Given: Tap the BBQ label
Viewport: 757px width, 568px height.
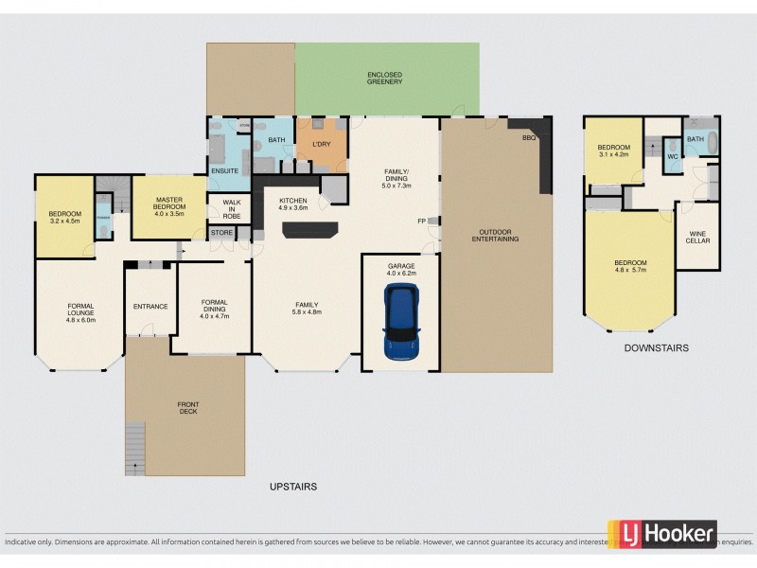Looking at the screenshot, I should (528, 138).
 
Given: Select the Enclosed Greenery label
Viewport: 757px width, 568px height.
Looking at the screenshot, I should (385, 79).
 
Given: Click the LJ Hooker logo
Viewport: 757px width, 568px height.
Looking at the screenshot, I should (661, 534).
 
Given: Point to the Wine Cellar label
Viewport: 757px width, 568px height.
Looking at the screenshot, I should (698, 237).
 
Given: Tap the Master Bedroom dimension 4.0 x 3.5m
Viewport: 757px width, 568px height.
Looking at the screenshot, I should (168, 214).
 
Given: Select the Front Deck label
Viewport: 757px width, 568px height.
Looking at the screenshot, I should (188, 409).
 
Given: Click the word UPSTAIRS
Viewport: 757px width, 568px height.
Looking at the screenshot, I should (291, 487).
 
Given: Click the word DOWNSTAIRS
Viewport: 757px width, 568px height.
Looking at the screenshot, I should (656, 348).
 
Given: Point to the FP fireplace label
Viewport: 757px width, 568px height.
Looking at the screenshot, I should (421, 222).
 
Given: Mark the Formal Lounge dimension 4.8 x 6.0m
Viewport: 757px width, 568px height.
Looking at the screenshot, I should (80, 320).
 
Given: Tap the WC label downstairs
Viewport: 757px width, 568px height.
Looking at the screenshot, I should (672, 156).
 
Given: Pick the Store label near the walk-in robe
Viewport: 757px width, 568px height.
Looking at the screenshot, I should (221, 232).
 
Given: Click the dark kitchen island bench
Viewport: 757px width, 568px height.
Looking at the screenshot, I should (309, 230).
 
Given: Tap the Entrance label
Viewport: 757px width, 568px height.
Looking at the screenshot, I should (150, 306).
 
